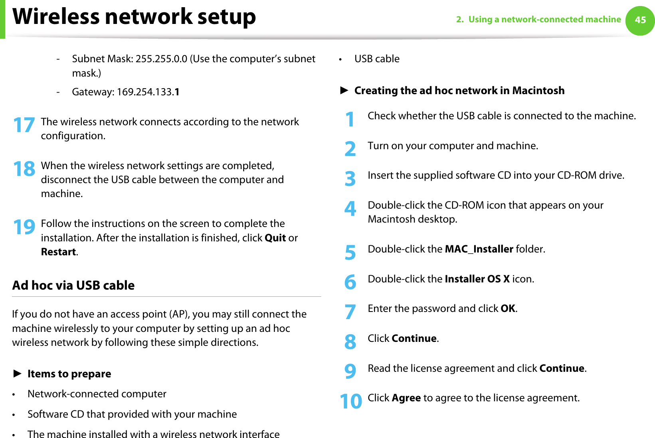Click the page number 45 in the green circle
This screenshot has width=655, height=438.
(x=640, y=20)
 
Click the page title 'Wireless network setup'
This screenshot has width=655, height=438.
(x=134, y=17)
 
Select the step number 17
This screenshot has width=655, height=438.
(x=24, y=125)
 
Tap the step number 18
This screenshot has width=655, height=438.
(x=24, y=169)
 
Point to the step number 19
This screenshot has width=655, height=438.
(x=24, y=227)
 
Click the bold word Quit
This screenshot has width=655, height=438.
(x=275, y=238)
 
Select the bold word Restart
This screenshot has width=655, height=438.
(x=58, y=252)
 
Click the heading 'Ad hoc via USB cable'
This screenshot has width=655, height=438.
(x=73, y=286)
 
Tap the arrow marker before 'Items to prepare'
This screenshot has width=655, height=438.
(x=17, y=374)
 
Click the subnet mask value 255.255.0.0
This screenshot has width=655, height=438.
(x=161, y=59)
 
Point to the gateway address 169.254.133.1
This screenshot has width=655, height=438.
(x=148, y=92)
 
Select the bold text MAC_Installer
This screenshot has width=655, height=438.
(x=479, y=249)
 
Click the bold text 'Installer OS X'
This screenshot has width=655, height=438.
(x=477, y=279)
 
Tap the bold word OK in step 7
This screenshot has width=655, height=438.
(x=508, y=309)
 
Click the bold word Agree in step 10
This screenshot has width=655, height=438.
(x=406, y=398)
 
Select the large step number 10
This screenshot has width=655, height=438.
(x=350, y=401)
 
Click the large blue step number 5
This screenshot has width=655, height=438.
(x=350, y=253)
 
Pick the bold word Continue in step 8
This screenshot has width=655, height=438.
(x=414, y=339)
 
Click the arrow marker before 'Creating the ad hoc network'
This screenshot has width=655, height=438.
(x=344, y=91)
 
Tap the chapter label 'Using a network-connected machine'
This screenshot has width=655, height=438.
(x=544, y=20)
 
